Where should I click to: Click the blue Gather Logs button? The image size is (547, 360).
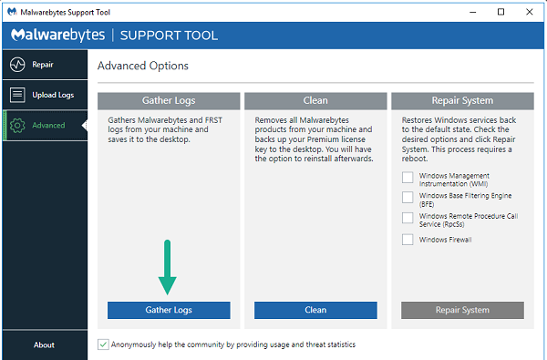tap(169, 310)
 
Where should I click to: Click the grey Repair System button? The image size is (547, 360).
tap(462, 310)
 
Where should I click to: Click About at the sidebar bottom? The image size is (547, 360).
tap(44, 345)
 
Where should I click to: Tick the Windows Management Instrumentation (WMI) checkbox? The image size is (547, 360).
tap(408, 178)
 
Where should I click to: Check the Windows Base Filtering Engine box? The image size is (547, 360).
tap(408, 197)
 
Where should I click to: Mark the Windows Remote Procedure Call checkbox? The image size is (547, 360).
tap(408, 218)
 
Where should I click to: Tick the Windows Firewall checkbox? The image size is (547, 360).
tap(408, 240)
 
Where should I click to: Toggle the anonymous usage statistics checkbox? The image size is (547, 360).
tap(103, 345)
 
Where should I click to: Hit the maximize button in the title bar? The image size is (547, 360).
tap(501, 12)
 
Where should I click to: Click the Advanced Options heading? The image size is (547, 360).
tap(142, 66)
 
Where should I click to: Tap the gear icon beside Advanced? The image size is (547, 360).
tap(17, 125)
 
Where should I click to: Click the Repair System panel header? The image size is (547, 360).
tap(462, 100)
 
